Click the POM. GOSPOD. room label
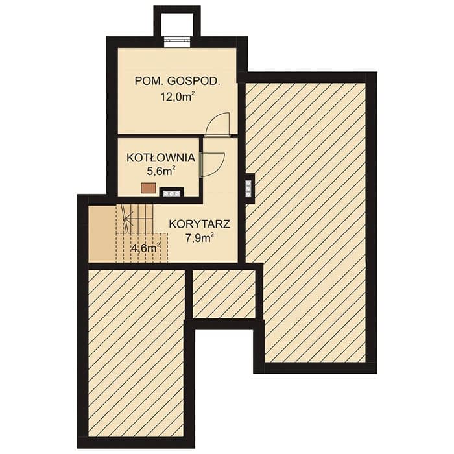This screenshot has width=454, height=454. coord(178,81)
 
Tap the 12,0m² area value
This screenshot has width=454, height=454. coord(177,97)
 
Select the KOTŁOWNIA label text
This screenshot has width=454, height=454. coord(161,158)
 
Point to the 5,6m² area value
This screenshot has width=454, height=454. coord(161,171)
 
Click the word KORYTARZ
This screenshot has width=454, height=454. coord(200,224)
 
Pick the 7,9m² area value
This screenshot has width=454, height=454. coord(200,238)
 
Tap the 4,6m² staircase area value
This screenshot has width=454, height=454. coord(146,248)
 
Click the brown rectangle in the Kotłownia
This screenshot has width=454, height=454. coord(149,187)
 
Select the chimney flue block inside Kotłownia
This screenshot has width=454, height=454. coord(172,192)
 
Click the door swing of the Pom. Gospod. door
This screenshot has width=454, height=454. coord(218,124)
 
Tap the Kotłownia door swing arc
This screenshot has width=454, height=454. coord(213,164)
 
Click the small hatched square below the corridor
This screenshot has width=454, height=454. coord(224,294)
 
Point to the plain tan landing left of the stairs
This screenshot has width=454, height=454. coord(102,233)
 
